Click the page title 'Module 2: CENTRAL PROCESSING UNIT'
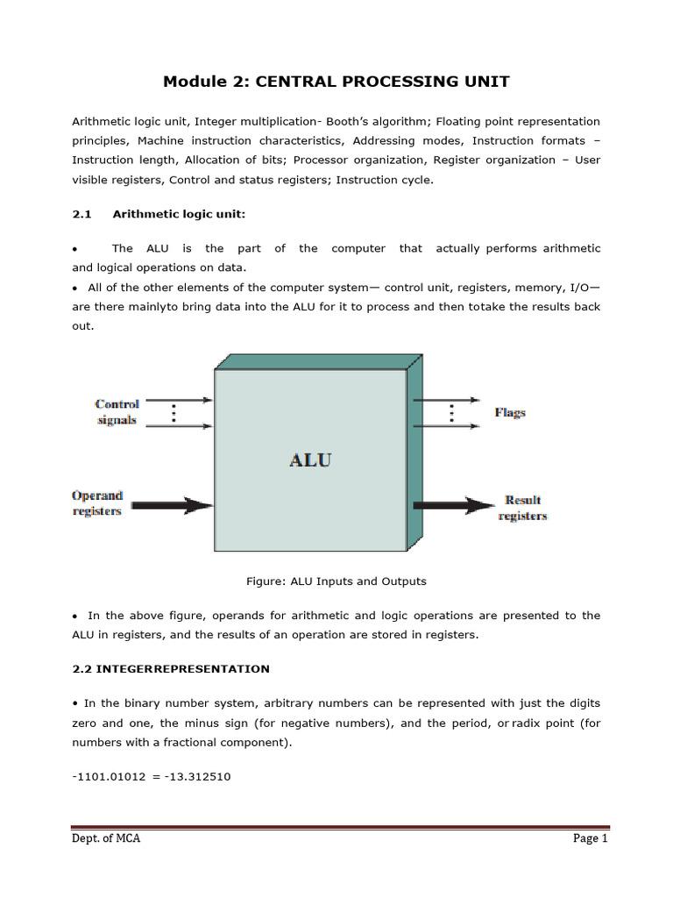(336, 82)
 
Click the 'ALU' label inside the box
(310, 460)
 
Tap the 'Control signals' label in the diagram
(117, 412)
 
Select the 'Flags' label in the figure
(510, 412)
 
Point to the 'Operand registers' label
(97, 503)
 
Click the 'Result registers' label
(522, 509)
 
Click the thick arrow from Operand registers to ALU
(172, 505)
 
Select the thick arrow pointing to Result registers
(454, 505)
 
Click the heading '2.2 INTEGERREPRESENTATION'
(171, 668)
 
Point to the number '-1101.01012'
(106, 776)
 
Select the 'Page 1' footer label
(591, 838)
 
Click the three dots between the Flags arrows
(453, 412)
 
